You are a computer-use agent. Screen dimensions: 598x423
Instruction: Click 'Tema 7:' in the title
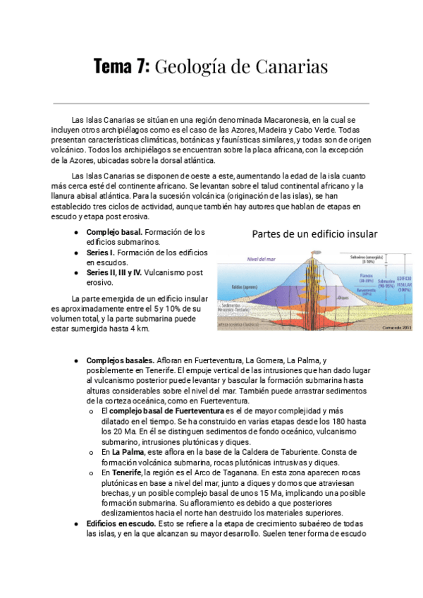[121, 67]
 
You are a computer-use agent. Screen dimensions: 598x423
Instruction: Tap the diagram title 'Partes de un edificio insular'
[314, 233]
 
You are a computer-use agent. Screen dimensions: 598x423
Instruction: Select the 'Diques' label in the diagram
[343, 298]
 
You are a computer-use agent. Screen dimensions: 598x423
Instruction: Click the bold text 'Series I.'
[100, 252]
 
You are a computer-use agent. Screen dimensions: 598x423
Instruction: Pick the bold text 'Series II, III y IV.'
[114, 272]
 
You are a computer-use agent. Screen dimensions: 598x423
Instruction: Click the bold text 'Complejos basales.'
[120, 360]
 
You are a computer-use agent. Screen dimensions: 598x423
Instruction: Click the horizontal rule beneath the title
[211, 104]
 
